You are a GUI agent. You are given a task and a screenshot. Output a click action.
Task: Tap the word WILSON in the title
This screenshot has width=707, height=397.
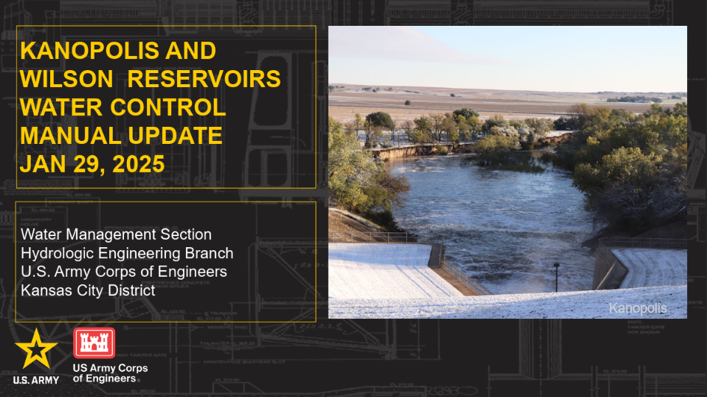66,79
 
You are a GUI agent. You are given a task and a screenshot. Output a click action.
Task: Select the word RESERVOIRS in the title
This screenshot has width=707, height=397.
204,79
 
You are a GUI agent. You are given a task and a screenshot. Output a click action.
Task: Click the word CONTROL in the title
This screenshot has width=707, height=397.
168,107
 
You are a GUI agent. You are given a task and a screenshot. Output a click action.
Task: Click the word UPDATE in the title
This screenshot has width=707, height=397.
175,136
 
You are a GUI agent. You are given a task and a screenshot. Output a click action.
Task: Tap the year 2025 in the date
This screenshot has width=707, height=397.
139,164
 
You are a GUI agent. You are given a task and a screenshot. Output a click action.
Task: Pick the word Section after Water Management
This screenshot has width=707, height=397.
186,235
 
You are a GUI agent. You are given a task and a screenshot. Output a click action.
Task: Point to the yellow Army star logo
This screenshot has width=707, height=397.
36,349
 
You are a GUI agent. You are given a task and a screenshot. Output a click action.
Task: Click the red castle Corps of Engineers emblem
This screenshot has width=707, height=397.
94,343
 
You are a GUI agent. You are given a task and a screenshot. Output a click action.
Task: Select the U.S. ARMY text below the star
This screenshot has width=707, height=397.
36,380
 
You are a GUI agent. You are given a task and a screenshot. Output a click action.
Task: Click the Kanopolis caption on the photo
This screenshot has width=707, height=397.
638,308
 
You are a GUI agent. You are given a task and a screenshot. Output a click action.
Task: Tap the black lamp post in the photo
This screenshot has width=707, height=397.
556,277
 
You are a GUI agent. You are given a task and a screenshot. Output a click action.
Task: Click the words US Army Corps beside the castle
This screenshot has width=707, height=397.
111,368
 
